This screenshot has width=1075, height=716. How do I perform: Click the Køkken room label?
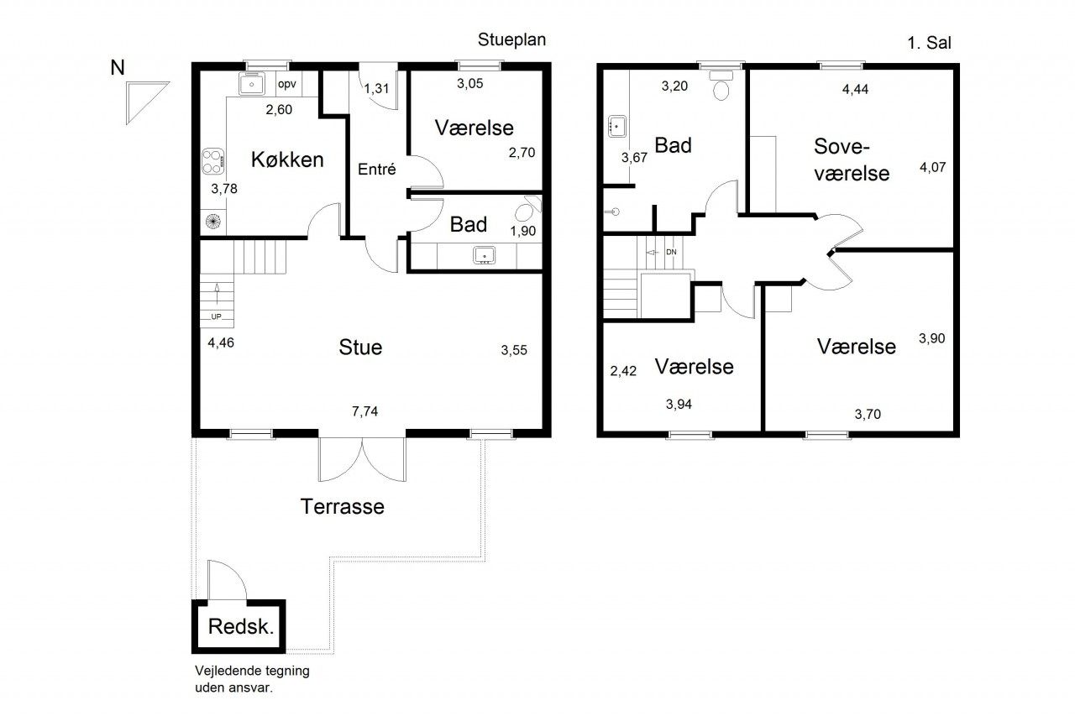[287, 159]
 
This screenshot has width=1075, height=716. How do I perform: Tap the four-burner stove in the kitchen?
[213, 161]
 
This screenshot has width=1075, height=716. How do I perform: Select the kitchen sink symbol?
[251, 84]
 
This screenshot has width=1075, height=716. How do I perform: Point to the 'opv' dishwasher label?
[287, 85]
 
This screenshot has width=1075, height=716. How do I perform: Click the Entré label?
[377, 170]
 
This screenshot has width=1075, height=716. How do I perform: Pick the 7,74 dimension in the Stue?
[364, 411]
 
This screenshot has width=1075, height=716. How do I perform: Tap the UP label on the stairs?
[217, 317]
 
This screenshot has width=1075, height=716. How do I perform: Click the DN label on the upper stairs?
[671, 253]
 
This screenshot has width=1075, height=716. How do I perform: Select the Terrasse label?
[342, 507]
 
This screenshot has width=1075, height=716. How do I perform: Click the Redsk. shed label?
[241, 627]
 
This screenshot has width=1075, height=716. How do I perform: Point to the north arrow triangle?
[143, 102]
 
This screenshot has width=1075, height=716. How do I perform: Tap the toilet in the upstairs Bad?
[721, 86]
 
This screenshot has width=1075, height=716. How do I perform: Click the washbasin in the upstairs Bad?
[617, 127]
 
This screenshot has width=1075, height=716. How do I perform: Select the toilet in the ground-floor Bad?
[527, 209]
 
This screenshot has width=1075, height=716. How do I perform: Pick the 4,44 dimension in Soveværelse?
[855, 89]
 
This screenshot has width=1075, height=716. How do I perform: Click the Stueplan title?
[511, 39]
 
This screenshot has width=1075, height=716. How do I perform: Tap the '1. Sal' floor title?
[929, 43]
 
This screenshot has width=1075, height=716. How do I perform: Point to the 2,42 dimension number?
[623, 371]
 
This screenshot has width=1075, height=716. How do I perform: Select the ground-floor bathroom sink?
[485, 256]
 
